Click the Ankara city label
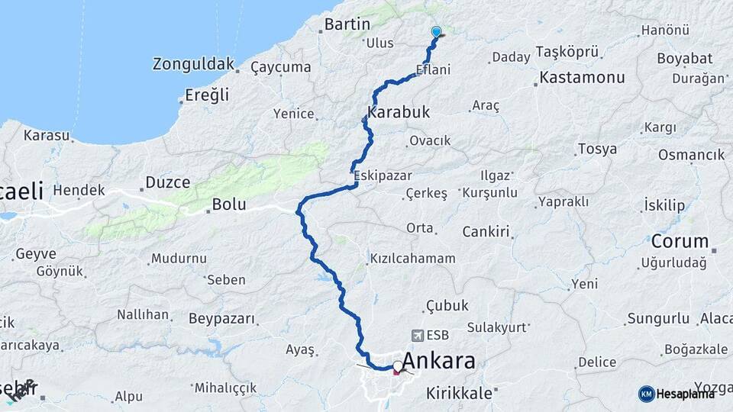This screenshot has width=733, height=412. pyautogui.click(x=438, y=361)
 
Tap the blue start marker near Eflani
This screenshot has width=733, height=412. pyautogui.click(x=436, y=32)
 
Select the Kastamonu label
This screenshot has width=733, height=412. pyautogui.click(x=582, y=77)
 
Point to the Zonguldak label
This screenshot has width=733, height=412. pyautogui.click(x=192, y=63)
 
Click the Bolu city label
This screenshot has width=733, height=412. pyautogui.click(x=229, y=204)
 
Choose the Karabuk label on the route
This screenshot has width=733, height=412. pyautogui.click(x=399, y=112)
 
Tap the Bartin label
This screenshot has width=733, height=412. pyautogui.click(x=347, y=24)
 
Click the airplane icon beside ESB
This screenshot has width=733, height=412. pyautogui.click(x=417, y=335)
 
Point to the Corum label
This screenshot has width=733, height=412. pyautogui.click(x=680, y=242)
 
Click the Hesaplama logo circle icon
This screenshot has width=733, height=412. pyautogui.click(x=647, y=394)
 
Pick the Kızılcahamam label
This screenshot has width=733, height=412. pyautogui.click(x=412, y=259)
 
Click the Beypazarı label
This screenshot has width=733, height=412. pyautogui.click(x=221, y=317)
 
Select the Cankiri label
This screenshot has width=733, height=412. pyautogui.click(x=486, y=230)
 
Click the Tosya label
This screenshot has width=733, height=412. pyautogui.click(x=597, y=149)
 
